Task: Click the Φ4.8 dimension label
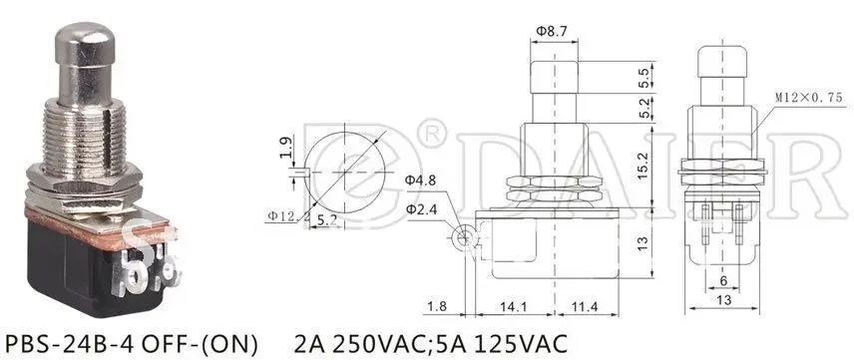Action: coord(420,180)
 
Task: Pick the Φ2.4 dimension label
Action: coord(420,206)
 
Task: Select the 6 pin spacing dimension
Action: coord(723,281)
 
